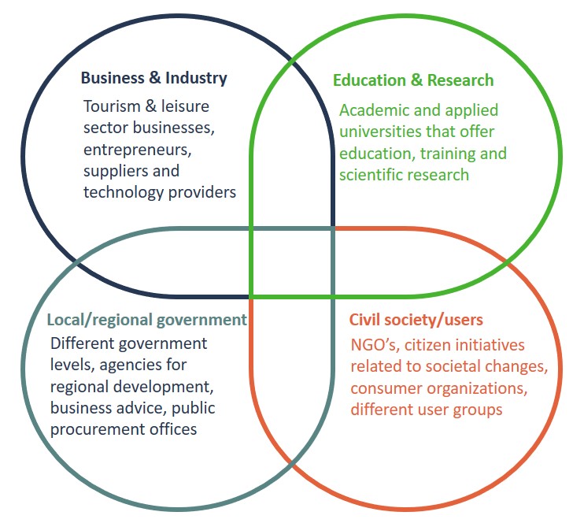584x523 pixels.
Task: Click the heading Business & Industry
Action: click(x=153, y=78)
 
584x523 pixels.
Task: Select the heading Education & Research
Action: click(x=413, y=80)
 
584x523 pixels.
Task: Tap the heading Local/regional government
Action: click(x=146, y=320)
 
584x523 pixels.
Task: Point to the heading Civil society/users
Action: click(x=416, y=320)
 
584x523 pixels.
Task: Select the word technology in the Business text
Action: click(x=122, y=192)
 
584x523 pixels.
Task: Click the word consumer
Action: click(x=383, y=388)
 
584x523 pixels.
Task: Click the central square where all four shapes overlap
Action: click(x=292, y=263)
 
